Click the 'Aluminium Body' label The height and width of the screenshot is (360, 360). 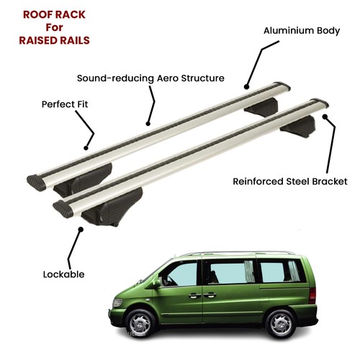pyautogui.click(x=302, y=31)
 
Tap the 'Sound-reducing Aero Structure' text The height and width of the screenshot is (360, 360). pyautogui.click(x=150, y=78)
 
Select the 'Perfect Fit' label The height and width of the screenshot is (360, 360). pyautogui.click(x=65, y=104)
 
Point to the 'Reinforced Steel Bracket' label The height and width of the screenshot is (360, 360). pyautogui.click(x=290, y=181)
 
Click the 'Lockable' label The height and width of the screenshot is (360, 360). pyautogui.click(x=63, y=274)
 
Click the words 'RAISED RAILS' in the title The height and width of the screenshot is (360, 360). pyautogui.click(x=54, y=40)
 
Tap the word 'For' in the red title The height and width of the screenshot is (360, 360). pyautogui.click(x=54, y=27)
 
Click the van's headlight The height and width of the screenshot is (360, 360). pyautogui.click(x=117, y=302)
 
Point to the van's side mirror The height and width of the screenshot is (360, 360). pyautogui.click(x=156, y=284)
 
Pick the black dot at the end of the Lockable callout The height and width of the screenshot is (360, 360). pyautogui.click(x=81, y=230)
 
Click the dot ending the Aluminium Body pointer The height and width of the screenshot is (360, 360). pyautogui.click(x=246, y=86)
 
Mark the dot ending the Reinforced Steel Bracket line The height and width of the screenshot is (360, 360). pyautogui.click(x=325, y=117)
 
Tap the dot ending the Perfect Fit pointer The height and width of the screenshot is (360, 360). pyautogui.click(x=86, y=148)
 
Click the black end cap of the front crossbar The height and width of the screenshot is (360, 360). pyautogui.click(x=63, y=209)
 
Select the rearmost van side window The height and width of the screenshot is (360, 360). pyautogui.click(x=280, y=271)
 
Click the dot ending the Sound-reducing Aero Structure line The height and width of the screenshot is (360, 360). pyautogui.click(x=148, y=124)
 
